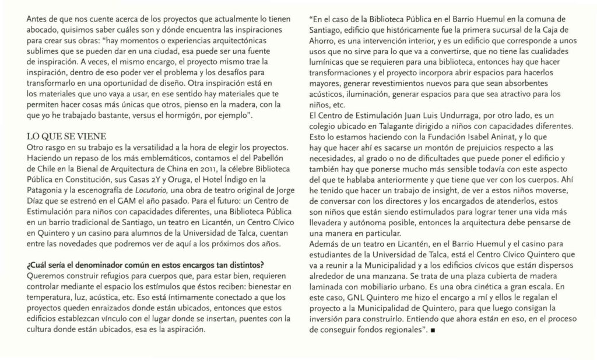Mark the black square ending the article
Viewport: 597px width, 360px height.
[432, 331]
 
